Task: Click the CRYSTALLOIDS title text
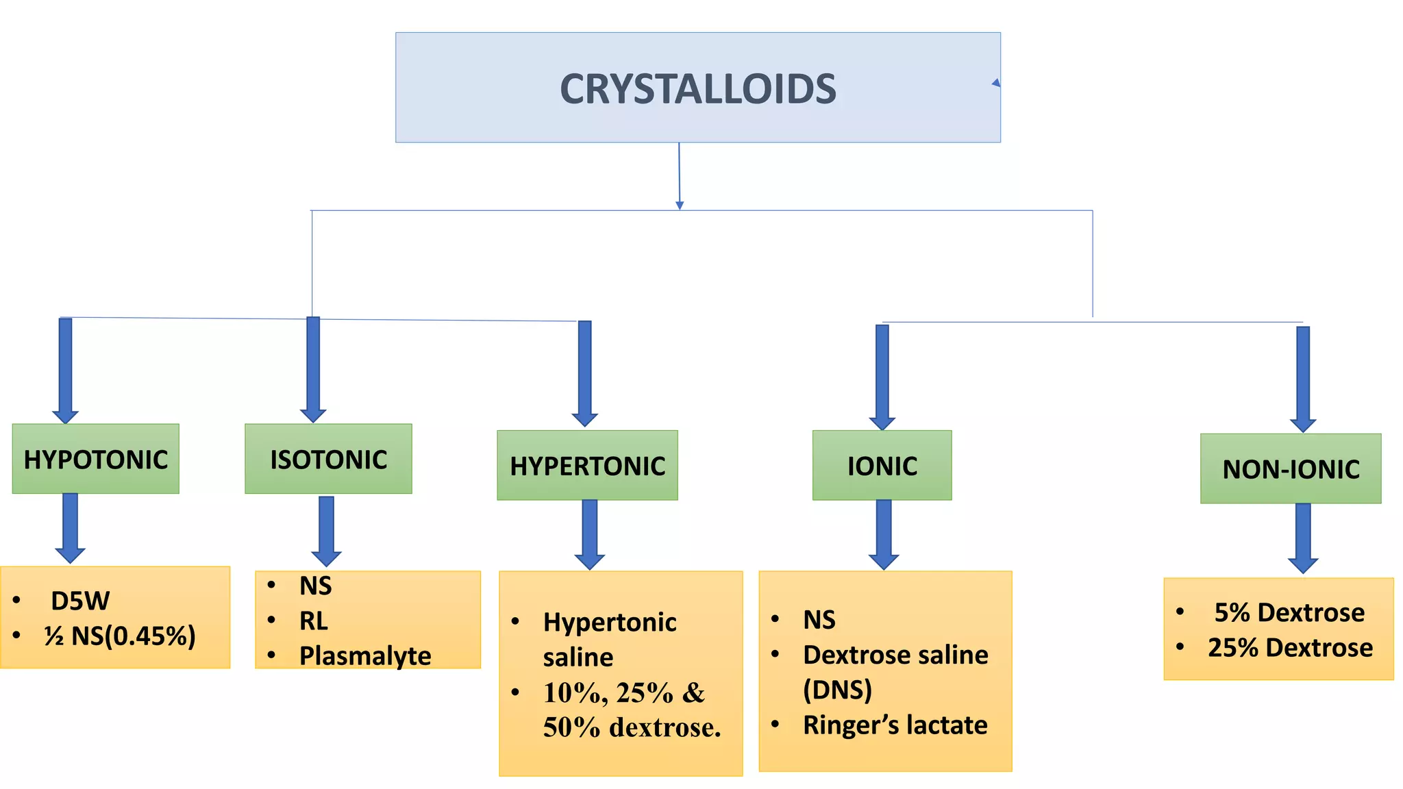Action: (697, 89)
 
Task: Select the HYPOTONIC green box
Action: (95, 459)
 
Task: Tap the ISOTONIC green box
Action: (328, 459)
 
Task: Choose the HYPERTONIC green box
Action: (587, 466)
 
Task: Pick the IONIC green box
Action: (882, 466)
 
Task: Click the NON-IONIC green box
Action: (1291, 469)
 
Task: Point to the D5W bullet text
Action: (79, 601)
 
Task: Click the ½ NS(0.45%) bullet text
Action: (120, 636)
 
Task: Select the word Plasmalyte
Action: (365, 656)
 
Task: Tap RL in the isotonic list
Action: (313, 621)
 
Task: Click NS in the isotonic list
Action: (315, 586)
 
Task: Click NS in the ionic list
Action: (819, 620)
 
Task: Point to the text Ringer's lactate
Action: (895, 725)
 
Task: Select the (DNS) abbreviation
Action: (837, 690)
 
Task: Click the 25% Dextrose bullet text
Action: (1290, 647)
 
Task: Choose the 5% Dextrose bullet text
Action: (1289, 612)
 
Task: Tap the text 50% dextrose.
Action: (632, 727)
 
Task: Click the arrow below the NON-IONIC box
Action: (1302, 538)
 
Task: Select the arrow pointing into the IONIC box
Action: (882, 377)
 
